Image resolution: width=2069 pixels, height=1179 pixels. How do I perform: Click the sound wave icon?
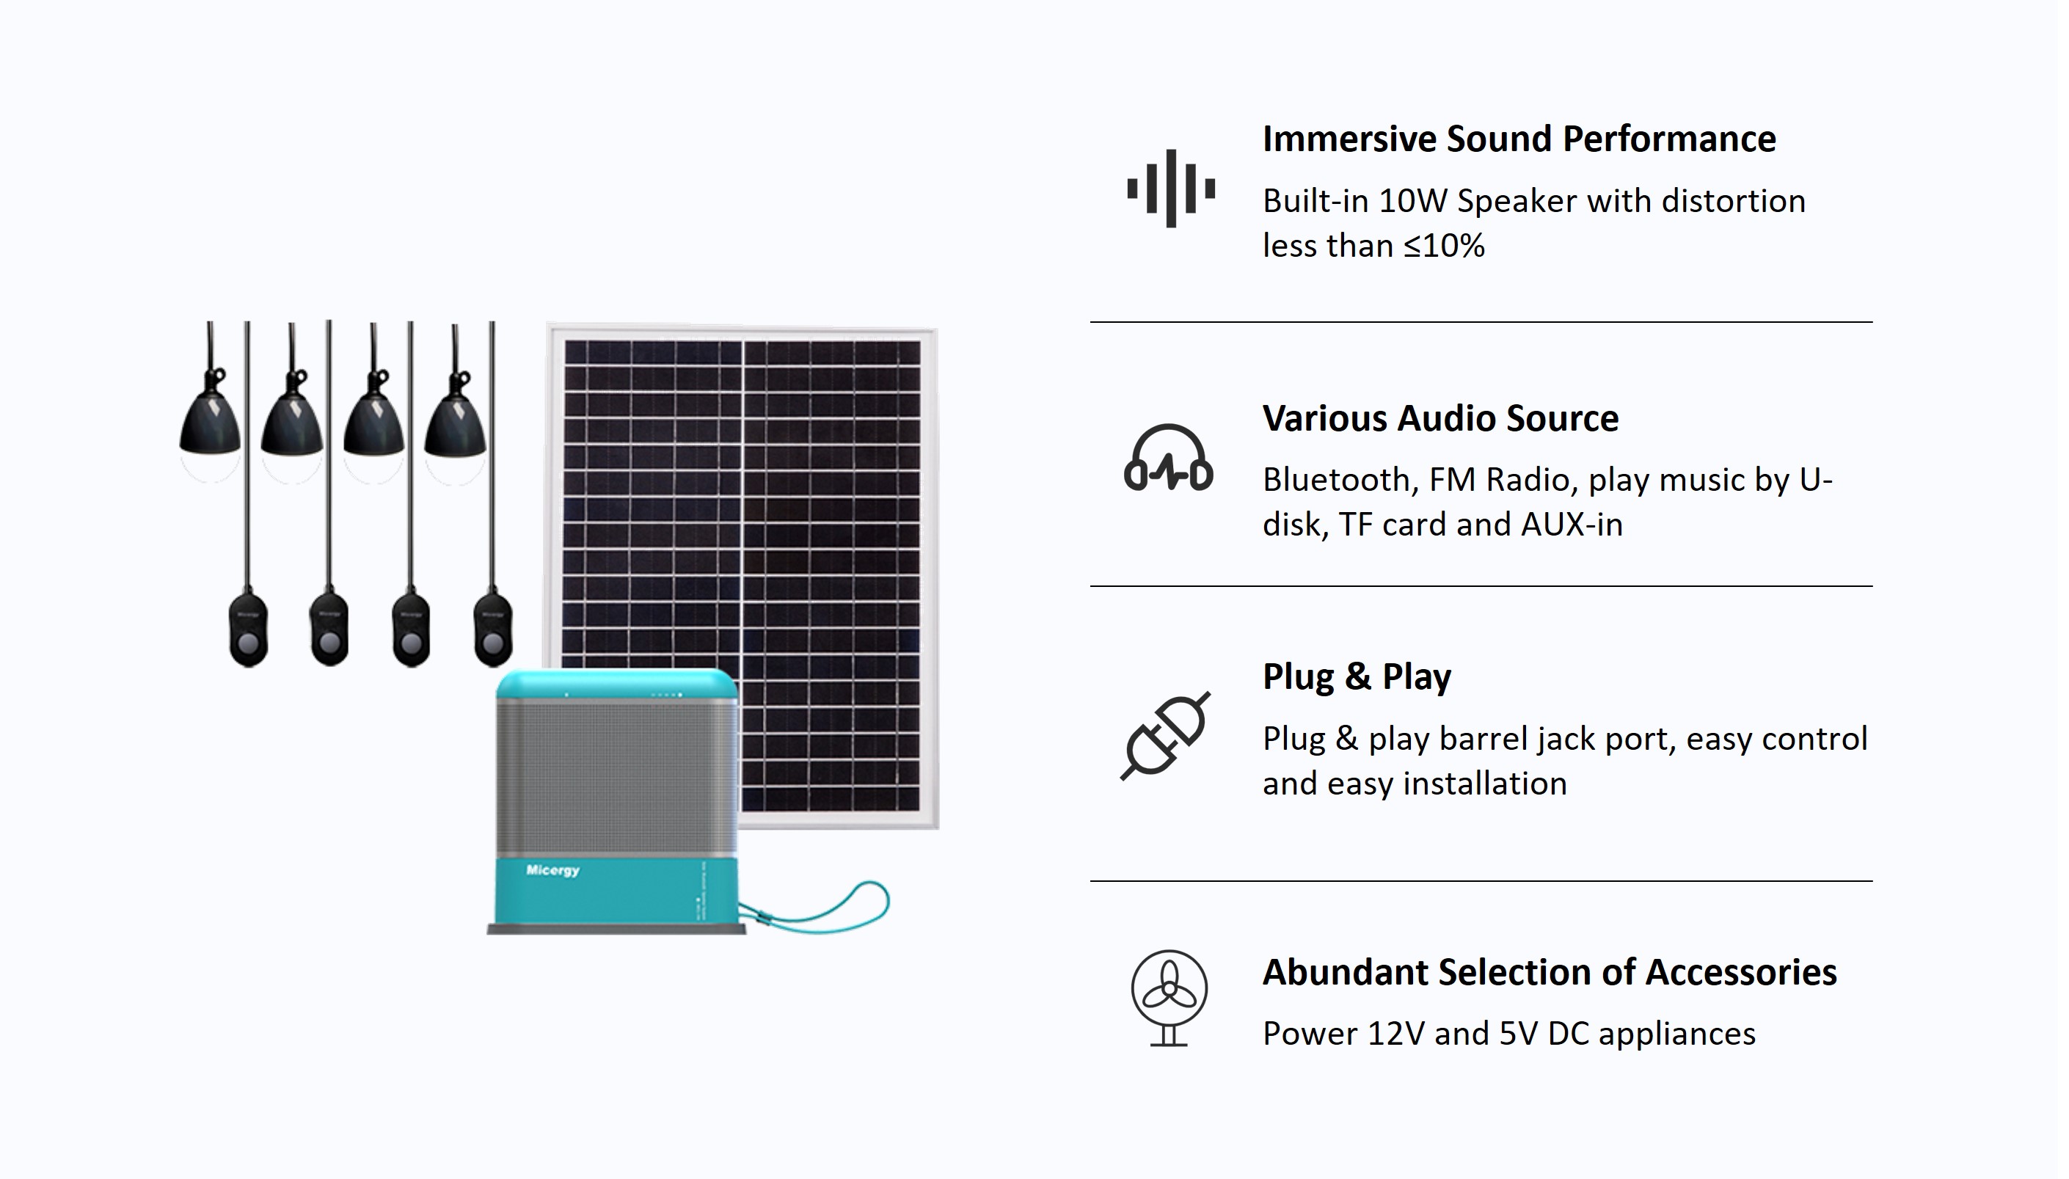[1171, 189]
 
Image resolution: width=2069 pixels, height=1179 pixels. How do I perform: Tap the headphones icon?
[1169, 459]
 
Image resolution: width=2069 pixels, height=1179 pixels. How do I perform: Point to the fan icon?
[1169, 998]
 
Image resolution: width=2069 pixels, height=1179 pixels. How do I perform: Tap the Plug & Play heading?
[1357, 676]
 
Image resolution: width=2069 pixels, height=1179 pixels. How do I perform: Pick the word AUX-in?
[1572, 524]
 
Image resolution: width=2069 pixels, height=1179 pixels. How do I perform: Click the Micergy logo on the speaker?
[552, 870]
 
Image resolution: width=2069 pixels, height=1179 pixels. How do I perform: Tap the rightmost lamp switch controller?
[493, 629]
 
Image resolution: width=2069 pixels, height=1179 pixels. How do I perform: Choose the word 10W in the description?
[1412, 201]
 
